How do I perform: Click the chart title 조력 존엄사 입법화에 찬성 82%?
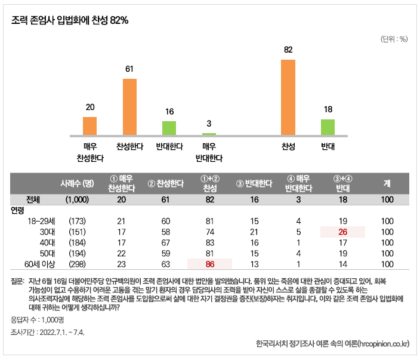(70, 20)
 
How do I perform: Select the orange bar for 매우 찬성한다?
(89, 126)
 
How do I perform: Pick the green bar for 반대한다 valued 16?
(169, 128)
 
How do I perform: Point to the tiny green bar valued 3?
(209, 134)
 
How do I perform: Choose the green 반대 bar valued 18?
(328, 127)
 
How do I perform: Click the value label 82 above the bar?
(288, 50)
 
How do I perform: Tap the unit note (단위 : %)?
(394, 39)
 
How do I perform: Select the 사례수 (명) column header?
(78, 183)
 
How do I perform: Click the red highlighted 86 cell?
(209, 263)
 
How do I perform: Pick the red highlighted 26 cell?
(342, 231)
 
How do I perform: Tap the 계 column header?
(387, 183)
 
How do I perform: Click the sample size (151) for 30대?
(78, 231)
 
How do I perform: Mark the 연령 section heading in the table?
(18, 210)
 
